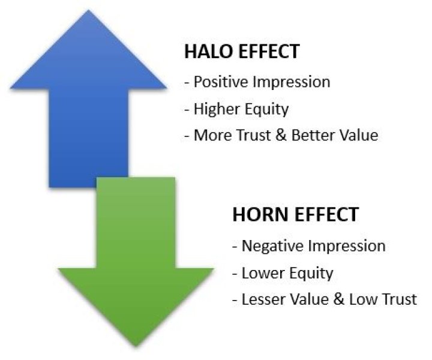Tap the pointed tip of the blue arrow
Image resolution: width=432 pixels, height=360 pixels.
click(x=88, y=10)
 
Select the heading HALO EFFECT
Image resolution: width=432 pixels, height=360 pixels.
click(x=241, y=52)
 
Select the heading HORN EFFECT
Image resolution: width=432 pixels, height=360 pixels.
click(x=295, y=214)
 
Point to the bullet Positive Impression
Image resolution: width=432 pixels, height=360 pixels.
click(x=257, y=82)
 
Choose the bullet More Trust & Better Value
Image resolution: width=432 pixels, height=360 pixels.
click(x=281, y=135)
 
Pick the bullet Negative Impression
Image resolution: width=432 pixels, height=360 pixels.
click(x=308, y=246)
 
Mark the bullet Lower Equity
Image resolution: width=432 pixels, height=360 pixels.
click(x=282, y=273)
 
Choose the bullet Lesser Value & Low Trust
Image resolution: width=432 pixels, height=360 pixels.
click(x=324, y=299)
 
